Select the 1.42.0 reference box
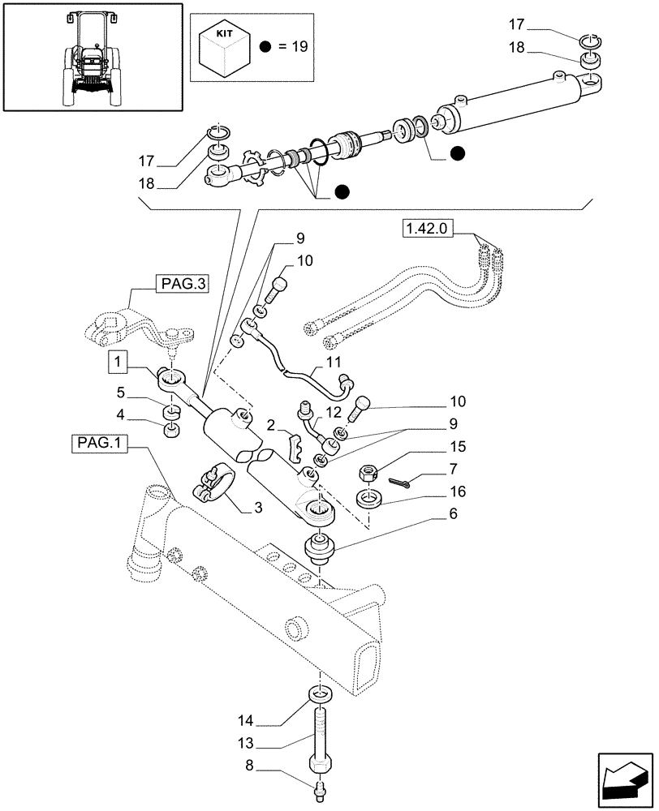tap(424, 230)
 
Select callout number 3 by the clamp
tap(259, 508)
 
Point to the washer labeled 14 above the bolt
tap(319, 695)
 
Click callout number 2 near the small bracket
tap(270, 426)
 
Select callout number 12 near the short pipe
tap(334, 414)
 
